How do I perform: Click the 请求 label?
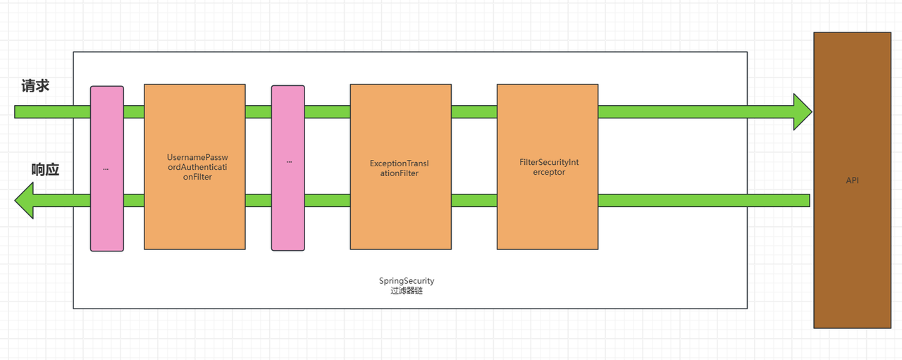[35, 86]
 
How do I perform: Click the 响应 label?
[45, 170]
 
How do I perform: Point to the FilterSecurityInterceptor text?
[548, 167]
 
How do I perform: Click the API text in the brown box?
[852, 181]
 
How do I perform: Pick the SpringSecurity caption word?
[407, 280]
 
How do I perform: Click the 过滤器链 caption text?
[407, 290]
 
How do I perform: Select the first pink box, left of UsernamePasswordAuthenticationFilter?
[106, 211]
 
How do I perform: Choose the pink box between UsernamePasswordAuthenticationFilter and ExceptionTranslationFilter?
[288, 211]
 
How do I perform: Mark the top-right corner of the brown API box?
[891, 33]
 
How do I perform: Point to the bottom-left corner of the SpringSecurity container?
[74, 308]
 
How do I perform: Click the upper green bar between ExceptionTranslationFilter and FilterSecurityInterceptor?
[474, 112]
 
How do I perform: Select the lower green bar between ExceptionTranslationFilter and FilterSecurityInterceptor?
[474, 200]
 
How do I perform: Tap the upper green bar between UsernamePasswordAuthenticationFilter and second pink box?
[258, 112]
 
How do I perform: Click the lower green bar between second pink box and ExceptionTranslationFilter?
[328, 200]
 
